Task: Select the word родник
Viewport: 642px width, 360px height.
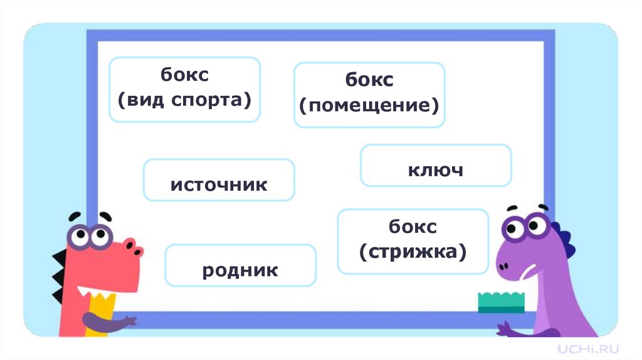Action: pos(240,270)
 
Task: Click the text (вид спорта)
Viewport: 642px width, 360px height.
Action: pos(184,99)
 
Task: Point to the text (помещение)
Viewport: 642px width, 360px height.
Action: pos(369,104)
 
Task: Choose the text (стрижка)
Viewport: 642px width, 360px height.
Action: pos(413,251)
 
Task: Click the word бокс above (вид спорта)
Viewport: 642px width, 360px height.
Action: pos(184,75)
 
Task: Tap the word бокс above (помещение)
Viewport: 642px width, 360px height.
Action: pos(369,80)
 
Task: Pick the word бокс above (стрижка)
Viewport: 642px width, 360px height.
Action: pos(413,226)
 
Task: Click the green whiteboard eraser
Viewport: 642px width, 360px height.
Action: pos(501,302)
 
